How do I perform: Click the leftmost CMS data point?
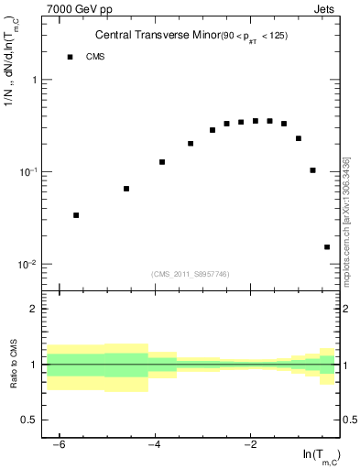[x=76, y=215]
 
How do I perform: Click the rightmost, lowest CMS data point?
[x=327, y=246]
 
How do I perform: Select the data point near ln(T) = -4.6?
[x=126, y=189]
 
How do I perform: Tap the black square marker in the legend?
[x=70, y=57]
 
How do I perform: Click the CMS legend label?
[x=95, y=57]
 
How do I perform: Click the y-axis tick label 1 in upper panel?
[x=33, y=81]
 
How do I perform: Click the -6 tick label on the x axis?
[x=59, y=444]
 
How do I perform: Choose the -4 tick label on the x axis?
[x=154, y=444]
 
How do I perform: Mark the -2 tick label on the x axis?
[x=249, y=444]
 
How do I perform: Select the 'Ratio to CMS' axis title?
[x=13, y=364]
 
